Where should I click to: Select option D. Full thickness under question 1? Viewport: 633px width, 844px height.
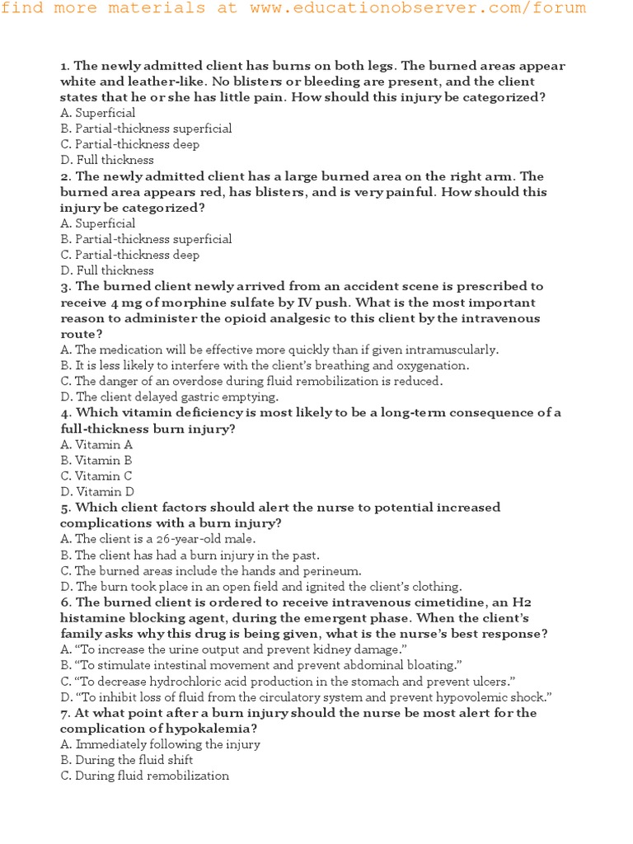coord(107,160)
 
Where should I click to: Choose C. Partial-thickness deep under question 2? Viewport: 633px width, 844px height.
coord(130,255)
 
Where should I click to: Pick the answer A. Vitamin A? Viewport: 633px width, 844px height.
coord(96,445)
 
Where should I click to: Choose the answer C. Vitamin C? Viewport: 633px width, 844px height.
coord(96,476)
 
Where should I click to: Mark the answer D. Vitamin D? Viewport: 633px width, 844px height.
coord(97,492)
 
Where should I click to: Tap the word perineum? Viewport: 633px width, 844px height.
coord(333,570)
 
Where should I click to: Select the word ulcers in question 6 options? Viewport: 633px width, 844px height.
coord(493,681)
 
